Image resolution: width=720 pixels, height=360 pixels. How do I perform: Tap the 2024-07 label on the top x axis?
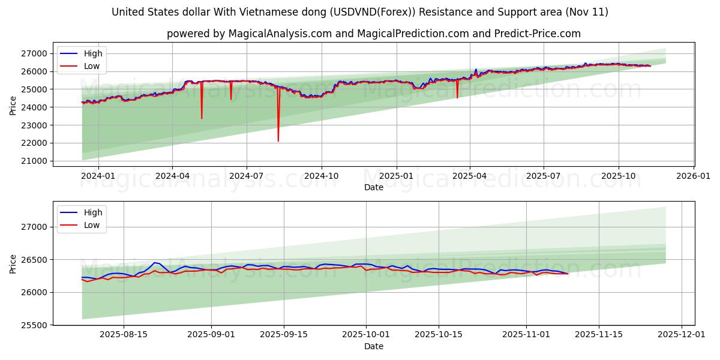[247, 176]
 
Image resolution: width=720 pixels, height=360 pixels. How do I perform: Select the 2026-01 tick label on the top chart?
[693, 176]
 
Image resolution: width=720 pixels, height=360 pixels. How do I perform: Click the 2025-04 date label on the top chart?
[470, 176]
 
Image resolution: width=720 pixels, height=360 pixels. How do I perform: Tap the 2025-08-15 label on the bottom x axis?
[124, 335]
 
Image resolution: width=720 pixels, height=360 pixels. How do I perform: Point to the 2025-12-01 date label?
[682, 335]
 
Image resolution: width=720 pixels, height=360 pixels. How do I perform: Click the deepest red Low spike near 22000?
[278, 140]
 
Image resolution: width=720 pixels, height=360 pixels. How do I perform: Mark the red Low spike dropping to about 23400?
[202, 118]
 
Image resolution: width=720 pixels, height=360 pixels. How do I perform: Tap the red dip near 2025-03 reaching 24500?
[457, 97]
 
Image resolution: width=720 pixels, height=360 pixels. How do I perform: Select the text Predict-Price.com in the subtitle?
[538, 34]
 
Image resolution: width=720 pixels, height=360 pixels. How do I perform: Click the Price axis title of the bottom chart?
[13, 263]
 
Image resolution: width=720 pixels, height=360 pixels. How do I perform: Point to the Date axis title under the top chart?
[373, 187]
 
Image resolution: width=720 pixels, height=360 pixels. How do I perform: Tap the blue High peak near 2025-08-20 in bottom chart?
[155, 263]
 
